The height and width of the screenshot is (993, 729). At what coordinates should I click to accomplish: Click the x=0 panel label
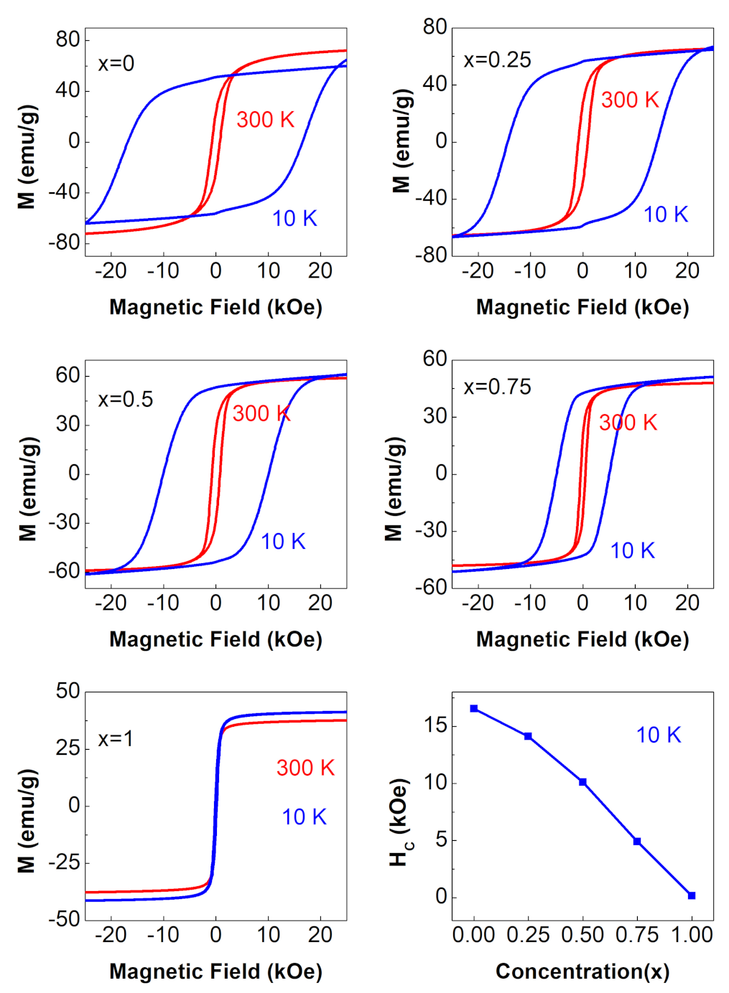116,64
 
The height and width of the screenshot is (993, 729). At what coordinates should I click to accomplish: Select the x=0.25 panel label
497,60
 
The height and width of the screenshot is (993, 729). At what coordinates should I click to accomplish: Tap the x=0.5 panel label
126,400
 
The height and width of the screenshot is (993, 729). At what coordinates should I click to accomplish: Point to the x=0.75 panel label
497,387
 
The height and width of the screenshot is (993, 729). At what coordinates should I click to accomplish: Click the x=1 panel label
116,739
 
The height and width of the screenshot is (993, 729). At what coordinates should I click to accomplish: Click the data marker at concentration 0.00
474,709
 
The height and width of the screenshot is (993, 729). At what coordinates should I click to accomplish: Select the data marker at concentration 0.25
528,736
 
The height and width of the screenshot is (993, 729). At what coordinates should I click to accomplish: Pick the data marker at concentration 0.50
582,782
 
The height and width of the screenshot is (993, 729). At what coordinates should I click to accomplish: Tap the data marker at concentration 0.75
637,841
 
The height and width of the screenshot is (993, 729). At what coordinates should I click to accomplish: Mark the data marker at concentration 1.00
692,895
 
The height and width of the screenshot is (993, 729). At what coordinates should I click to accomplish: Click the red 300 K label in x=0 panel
265,120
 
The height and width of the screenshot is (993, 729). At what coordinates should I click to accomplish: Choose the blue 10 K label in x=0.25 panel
665,215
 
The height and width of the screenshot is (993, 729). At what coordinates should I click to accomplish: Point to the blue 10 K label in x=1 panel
304,817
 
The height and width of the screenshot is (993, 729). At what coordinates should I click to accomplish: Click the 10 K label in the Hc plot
658,735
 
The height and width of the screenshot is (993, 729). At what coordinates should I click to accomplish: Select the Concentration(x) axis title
582,971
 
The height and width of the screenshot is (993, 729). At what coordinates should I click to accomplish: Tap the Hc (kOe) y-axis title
399,822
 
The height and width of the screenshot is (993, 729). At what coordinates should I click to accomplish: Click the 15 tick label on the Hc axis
435,725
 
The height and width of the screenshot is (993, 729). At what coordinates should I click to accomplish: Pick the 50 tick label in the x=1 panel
68,692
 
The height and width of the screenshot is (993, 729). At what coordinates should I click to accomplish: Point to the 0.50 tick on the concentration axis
582,935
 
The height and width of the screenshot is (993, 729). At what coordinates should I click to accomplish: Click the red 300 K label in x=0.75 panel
628,423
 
